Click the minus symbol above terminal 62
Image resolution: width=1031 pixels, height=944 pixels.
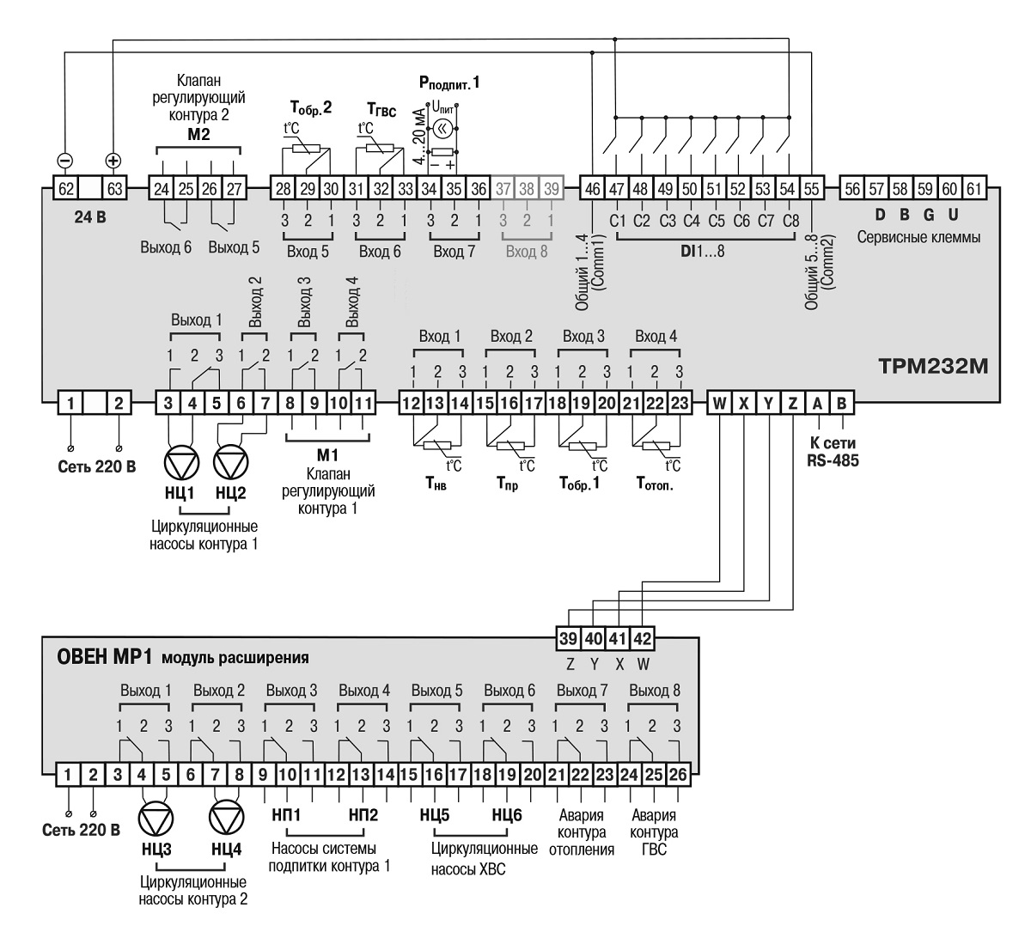tap(64, 161)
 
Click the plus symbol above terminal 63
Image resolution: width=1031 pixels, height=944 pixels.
tap(113, 161)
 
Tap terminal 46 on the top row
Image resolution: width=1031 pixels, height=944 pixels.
tap(593, 189)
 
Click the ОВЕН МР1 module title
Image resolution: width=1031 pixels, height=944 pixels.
tap(104, 658)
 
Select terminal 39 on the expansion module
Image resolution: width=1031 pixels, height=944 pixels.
tap(569, 639)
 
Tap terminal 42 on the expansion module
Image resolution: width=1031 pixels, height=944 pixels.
tap(643, 639)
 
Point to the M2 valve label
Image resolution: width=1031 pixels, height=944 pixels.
tap(198, 136)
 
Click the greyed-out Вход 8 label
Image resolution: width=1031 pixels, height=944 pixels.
tap(526, 252)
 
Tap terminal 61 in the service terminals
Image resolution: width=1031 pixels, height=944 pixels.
tap(973, 189)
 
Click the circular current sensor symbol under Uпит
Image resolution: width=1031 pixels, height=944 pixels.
tap(442, 129)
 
